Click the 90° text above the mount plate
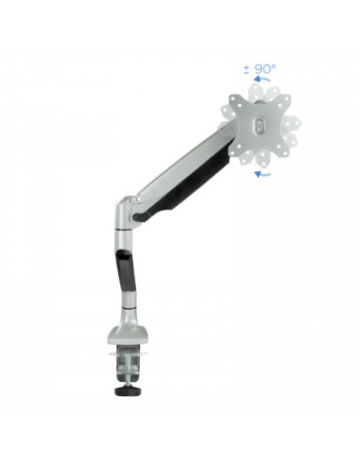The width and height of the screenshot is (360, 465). click(x=266, y=69)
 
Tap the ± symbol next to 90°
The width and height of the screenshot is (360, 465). click(x=247, y=69)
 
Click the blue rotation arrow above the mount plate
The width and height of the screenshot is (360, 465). click(x=262, y=78)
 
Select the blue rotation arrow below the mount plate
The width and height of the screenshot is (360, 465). click(x=262, y=174)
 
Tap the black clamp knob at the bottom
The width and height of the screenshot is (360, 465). click(x=128, y=390)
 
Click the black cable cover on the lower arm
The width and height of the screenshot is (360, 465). click(x=127, y=269)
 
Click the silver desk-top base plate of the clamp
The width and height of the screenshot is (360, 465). click(x=128, y=336)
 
